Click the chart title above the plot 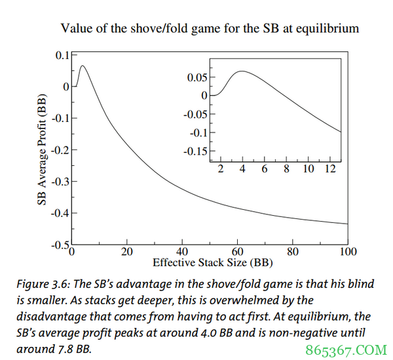(x=210, y=28)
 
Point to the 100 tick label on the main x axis (x=348, y=252)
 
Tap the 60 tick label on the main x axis (x=238, y=252)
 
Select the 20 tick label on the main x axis (x=127, y=252)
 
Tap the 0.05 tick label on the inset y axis (x=197, y=77)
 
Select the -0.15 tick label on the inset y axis (x=195, y=151)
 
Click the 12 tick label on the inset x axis (x=331, y=169)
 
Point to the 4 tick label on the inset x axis (x=242, y=169)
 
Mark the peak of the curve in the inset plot (x=242, y=71)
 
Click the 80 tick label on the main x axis (x=293, y=252)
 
